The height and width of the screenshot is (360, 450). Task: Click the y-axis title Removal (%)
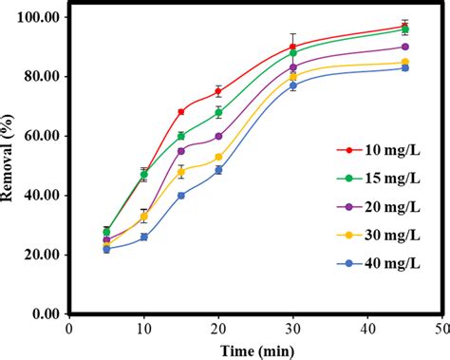pos(11,164)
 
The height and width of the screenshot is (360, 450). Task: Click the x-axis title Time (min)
pos(254,351)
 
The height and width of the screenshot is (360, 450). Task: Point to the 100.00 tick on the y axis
pos(39,17)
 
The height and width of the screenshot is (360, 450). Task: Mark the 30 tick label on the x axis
pos(292,329)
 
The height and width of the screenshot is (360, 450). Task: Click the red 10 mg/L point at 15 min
pos(181,112)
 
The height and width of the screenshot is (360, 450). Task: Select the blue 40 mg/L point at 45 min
pos(404,68)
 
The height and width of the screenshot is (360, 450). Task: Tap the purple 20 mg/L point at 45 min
pos(404,47)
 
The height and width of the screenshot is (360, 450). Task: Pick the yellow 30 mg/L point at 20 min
pos(218,157)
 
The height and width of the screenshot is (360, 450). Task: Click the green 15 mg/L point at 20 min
pos(218,112)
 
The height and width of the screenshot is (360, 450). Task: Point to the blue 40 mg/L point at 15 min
pos(181,195)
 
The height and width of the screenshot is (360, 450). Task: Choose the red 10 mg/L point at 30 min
pos(292,47)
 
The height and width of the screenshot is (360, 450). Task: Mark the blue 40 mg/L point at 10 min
pos(144,237)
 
